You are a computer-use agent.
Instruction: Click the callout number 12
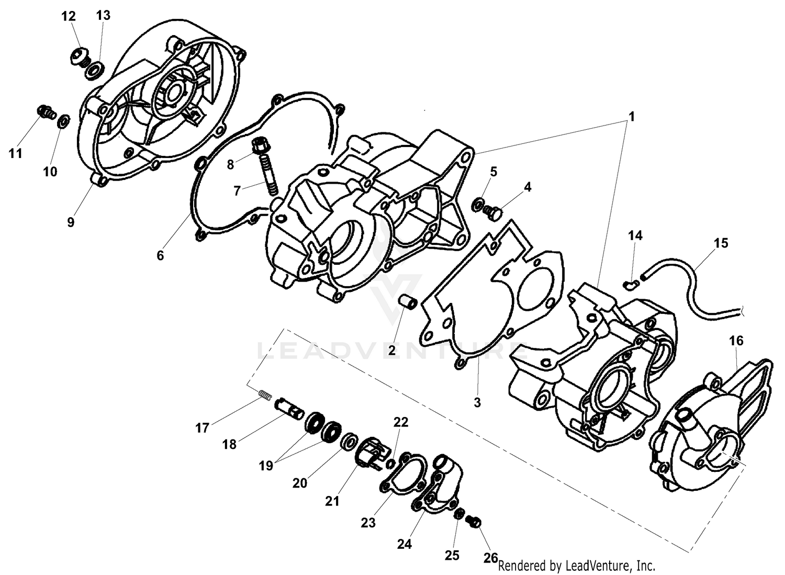pyautogui.click(x=69, y=17)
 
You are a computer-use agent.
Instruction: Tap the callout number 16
pyautogui.click(x=736, y=341)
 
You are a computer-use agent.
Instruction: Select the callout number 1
pyautogui.click(x=631, y=117)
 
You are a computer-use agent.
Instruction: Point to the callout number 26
pyautogui.click(x=490, y=558)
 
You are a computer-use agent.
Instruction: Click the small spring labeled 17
pyautogui.click(x=265, y=396)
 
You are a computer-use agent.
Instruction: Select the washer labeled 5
pyautogui.click(x=479, y=205)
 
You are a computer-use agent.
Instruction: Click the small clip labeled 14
pyautogui.click(x=631, y=284)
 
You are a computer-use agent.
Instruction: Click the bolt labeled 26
pyautogui.click(x=476, y=522)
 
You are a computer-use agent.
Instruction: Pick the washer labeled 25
pyautogui.click(x=460, y=514)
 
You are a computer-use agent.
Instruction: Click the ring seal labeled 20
pyautogui.click(x=348, y=442)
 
